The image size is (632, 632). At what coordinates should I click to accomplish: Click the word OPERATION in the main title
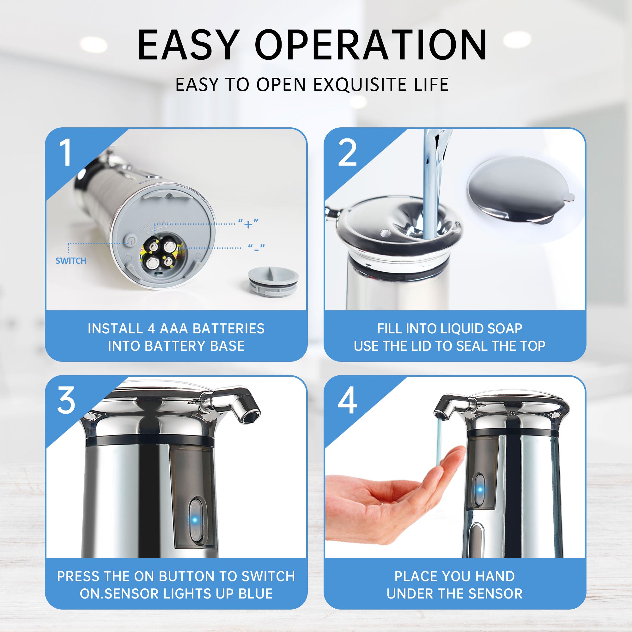371,45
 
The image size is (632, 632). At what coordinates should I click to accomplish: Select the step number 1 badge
65,152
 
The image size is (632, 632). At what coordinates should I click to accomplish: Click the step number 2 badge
347,152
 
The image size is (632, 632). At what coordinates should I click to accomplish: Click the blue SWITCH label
71,261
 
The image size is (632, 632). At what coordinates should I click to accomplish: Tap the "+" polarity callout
248,224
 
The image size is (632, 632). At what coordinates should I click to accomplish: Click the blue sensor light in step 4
480,490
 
